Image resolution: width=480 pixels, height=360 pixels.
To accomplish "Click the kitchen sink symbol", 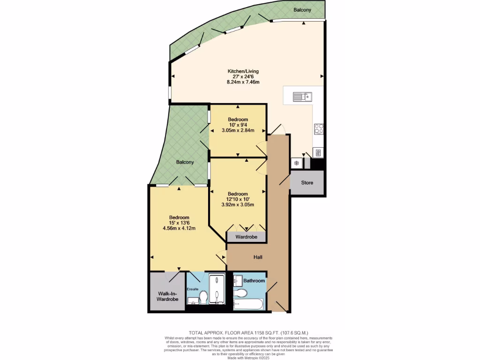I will pos(303,97).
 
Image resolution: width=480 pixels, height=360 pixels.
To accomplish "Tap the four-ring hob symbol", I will pos(319,128).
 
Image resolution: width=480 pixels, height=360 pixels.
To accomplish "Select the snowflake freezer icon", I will pos(296,163).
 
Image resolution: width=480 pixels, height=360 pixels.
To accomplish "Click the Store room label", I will pos(307,183).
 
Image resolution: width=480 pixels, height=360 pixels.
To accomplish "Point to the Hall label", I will pos(258,257).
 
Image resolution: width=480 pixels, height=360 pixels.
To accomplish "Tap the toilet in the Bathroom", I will pos(240,293).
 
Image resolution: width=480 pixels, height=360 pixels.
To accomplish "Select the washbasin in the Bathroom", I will pos(237,280).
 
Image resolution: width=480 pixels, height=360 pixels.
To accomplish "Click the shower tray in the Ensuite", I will pos(217,289).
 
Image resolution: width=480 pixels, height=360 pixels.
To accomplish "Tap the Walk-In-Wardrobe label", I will pos(167,296).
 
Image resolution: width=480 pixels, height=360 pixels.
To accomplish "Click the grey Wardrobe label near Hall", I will pos(246,237).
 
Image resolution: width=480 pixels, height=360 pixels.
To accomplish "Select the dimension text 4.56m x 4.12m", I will pos(179,229).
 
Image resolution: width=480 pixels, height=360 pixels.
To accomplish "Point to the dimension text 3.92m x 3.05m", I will pos(238,205).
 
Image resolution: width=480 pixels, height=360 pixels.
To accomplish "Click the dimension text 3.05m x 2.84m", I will pos(238,130).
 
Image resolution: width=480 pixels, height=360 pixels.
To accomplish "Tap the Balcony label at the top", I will pos(302,10).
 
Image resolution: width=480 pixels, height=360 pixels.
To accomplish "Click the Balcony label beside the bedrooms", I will pos(185,162).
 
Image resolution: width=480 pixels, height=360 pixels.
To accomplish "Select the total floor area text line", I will pos(248,332).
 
